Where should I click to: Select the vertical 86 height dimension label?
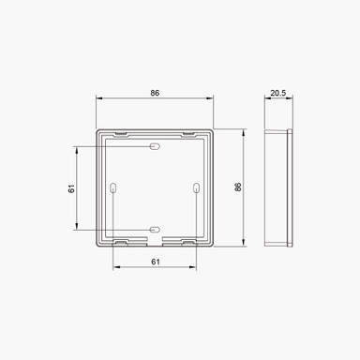[238, 187]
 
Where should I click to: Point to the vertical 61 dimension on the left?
[71, 188]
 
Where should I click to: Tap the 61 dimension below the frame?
[153, 262]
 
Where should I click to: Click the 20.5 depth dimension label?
[278, 94]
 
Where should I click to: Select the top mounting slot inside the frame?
[154, 148]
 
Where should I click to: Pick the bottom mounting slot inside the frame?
[154, 229]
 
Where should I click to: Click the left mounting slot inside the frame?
[113, 188]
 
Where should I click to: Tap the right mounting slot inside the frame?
[194, 188]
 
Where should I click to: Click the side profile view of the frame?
[278, 187]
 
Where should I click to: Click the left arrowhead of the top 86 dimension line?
[98, 101]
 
